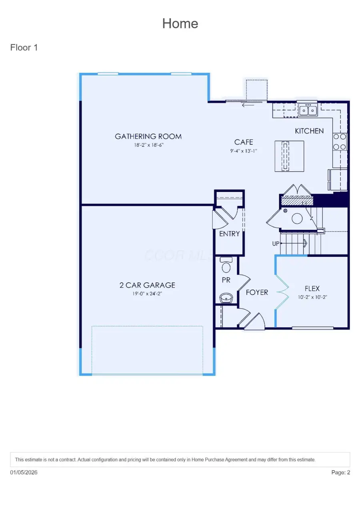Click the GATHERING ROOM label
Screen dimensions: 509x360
click(148, 136)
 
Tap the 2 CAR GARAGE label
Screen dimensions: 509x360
click(147, 285)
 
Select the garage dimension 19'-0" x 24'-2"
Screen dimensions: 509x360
click(147, 293)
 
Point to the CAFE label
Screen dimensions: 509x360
click(244, 142)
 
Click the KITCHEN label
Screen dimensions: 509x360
click(309, 131)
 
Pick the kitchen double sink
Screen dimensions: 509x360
click(308, 110)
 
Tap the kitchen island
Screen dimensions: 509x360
click(289, 156)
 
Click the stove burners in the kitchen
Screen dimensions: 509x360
click(340, 142)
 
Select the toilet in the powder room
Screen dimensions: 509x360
click(226, 267)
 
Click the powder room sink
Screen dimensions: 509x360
click(226, 297)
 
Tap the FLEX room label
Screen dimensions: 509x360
click(312, 288)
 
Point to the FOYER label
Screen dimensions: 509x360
click(257, 292)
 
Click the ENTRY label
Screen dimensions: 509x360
click(229, 234)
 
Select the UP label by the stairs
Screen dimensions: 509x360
click(276, 243)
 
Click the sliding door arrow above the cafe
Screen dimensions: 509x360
click(248, 105)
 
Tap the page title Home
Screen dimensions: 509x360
click(180, 24)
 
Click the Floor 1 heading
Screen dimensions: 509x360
click(24, 48)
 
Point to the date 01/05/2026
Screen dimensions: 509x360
click(24, 473)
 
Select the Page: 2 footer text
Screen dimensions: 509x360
click(340, 473)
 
